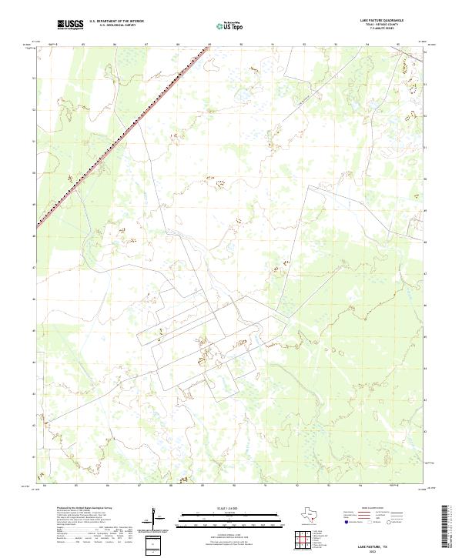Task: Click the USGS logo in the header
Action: point(69,25)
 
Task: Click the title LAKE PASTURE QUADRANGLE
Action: point(382,22)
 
